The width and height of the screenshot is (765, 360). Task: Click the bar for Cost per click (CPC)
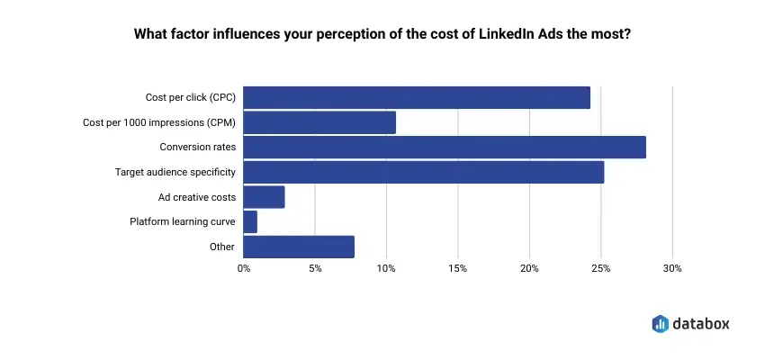(x=417, y=97)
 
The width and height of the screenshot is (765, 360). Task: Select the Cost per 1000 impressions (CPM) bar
(x=319, y=122)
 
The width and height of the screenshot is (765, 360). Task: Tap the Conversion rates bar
(x=445, y=147)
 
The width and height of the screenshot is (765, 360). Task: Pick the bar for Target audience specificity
(x=424, y=172)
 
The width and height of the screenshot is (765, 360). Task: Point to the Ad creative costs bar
(x=264, y=197)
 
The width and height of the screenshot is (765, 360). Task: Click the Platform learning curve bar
(x=250, y=221)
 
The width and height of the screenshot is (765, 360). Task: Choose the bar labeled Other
(x=299, y=247)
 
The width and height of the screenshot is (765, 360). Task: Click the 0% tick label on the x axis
(x=244, y=268)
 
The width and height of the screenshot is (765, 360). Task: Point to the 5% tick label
(x=315, y=268)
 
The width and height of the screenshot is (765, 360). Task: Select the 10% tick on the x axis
(x=386, y=268)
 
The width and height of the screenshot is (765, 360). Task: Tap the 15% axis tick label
(x=457, y=268)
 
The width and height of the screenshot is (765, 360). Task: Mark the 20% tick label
(x=529, y=268)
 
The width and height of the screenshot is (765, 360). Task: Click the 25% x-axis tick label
(x=600, y=268)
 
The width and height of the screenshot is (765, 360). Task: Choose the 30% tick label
(x=672, y=268)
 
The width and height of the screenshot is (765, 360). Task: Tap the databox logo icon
(x=659, y=323)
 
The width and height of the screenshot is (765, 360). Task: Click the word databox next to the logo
(x=701, y=323)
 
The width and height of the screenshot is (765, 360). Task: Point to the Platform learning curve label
(x=184, y=221)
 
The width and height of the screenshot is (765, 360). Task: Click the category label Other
(x=221, y=247)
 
